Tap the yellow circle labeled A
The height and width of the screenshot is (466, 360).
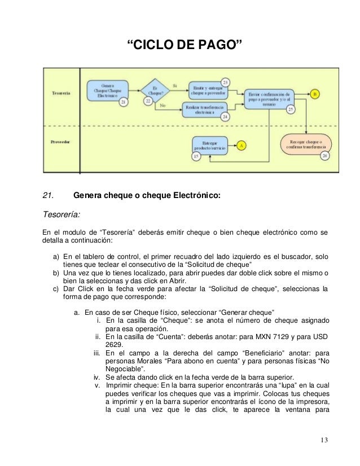(242, 145)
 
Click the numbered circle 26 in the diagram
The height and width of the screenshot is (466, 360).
(324, 156)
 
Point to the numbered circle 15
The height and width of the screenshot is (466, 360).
(196, 156)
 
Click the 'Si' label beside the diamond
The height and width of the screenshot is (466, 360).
(175, 86)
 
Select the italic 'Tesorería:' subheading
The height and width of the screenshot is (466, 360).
(62, 214)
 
